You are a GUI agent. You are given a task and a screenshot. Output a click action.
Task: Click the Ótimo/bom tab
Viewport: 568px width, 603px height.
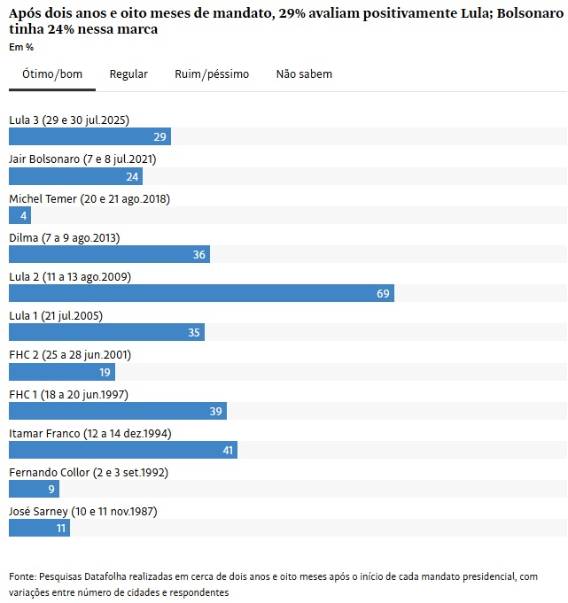pos(52,74)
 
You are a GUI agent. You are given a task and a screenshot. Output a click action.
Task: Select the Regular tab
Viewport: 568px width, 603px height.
pos(128,74)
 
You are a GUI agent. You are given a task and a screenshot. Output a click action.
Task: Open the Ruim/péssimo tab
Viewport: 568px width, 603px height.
pos(212,74)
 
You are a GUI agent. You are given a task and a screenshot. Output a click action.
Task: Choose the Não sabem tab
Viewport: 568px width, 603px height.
pos(304,74)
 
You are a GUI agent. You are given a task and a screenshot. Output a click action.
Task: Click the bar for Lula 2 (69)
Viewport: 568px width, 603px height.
pos(201,293)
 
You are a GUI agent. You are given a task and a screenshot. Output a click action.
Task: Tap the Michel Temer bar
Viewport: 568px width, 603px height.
pos(19,215)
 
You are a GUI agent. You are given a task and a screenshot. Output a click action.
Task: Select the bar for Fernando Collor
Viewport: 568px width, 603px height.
pos(34,489)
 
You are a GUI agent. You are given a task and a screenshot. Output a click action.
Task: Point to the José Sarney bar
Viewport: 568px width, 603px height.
pos(39,528)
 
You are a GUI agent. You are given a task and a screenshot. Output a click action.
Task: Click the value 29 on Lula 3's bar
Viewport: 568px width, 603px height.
pos(160,137)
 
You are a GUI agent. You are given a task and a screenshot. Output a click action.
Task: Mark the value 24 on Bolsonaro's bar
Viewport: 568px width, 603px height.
pos(132,176)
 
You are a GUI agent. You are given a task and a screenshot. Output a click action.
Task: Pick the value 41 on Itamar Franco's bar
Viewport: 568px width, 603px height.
pos(228,450)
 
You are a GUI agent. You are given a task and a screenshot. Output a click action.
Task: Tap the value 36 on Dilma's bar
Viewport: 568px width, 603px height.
pos(199,255)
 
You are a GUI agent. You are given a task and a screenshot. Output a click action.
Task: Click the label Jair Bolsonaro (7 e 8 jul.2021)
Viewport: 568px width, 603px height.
pos(82,159)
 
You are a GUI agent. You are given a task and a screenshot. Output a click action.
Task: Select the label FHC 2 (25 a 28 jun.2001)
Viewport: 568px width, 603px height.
pos(70,355)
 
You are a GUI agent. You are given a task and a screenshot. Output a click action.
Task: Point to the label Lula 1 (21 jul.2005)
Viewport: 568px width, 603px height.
pos(56,316)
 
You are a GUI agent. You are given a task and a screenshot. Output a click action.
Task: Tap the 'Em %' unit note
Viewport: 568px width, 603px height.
pos(21,47)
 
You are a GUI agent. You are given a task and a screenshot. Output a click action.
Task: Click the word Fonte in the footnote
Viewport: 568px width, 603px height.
pos(24,576)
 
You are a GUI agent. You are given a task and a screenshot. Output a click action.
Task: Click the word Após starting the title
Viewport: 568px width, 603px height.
pos(27,13)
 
